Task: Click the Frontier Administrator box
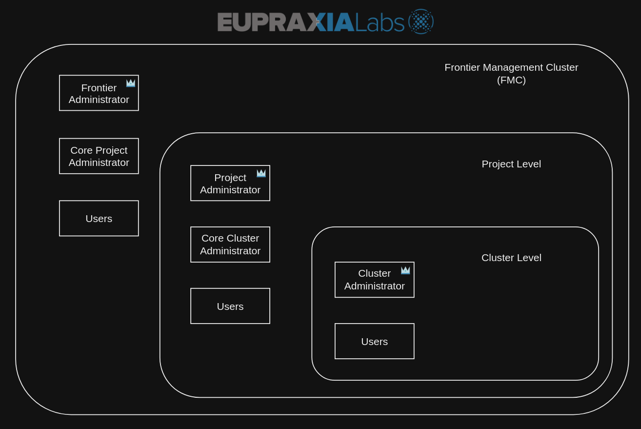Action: tap(99, 93)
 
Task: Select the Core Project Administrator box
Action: tap(99, 156)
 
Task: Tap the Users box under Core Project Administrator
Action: tap(99, 218)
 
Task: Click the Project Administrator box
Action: tap(230, 183)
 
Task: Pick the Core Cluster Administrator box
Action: tap(230, 245)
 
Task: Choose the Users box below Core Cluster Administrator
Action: tap(230, 306)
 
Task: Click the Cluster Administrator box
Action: tap(374, 280)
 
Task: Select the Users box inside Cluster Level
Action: tap(374, 341)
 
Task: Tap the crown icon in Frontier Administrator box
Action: tap(131, 83)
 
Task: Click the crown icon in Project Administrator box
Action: tap(261, 173)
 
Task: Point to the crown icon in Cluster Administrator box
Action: tap(405, 270)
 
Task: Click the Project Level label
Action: tap(511, 164)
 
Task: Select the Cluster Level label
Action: tap(511, 258)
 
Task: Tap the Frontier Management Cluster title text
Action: tap(511, 67)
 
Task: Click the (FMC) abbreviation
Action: tap(511, 80)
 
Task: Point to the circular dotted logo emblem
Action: tap(421, 21)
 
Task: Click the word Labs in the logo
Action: tap(380, 22)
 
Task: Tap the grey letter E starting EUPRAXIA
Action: tap(224, 22)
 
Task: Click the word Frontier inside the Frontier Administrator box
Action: tap(99, 88)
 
